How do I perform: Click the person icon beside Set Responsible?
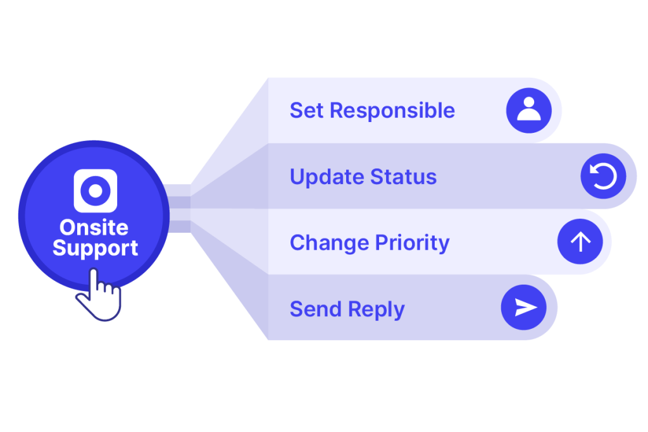[528, 110]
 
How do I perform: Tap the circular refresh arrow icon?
[603, 176]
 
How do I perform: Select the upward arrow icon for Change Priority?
[580, 242]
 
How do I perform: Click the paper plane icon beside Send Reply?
[523, 307]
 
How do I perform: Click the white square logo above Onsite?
[96, 191]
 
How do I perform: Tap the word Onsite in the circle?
[94, 228]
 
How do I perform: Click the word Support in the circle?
[95, 248]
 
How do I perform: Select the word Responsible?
[392, 111]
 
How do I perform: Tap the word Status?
[403, 176]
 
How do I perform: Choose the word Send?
[316, 309]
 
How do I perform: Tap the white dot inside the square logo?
[96, 191]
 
